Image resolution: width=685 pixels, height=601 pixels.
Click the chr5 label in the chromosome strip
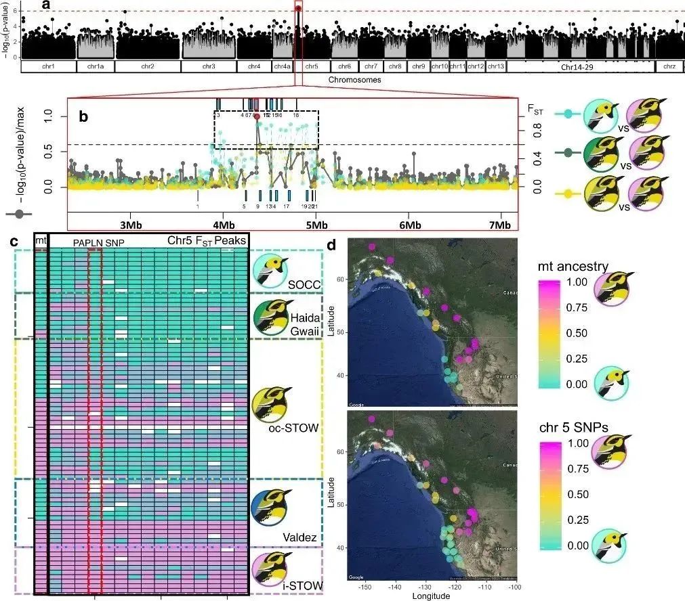click(312, 67)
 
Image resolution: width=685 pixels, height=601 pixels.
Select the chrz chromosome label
click(669, 67)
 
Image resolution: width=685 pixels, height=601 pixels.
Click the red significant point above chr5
click(298, 8)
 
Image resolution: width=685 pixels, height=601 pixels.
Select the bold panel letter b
click(84, 116)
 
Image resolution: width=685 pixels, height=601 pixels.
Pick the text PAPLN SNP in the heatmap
click(94, 242)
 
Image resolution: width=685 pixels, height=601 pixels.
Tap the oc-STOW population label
click(290, 427)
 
